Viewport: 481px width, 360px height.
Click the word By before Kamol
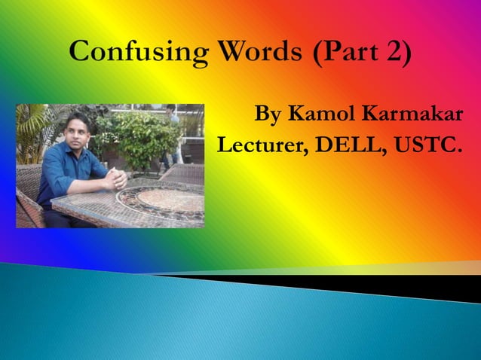pos(269,117)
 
